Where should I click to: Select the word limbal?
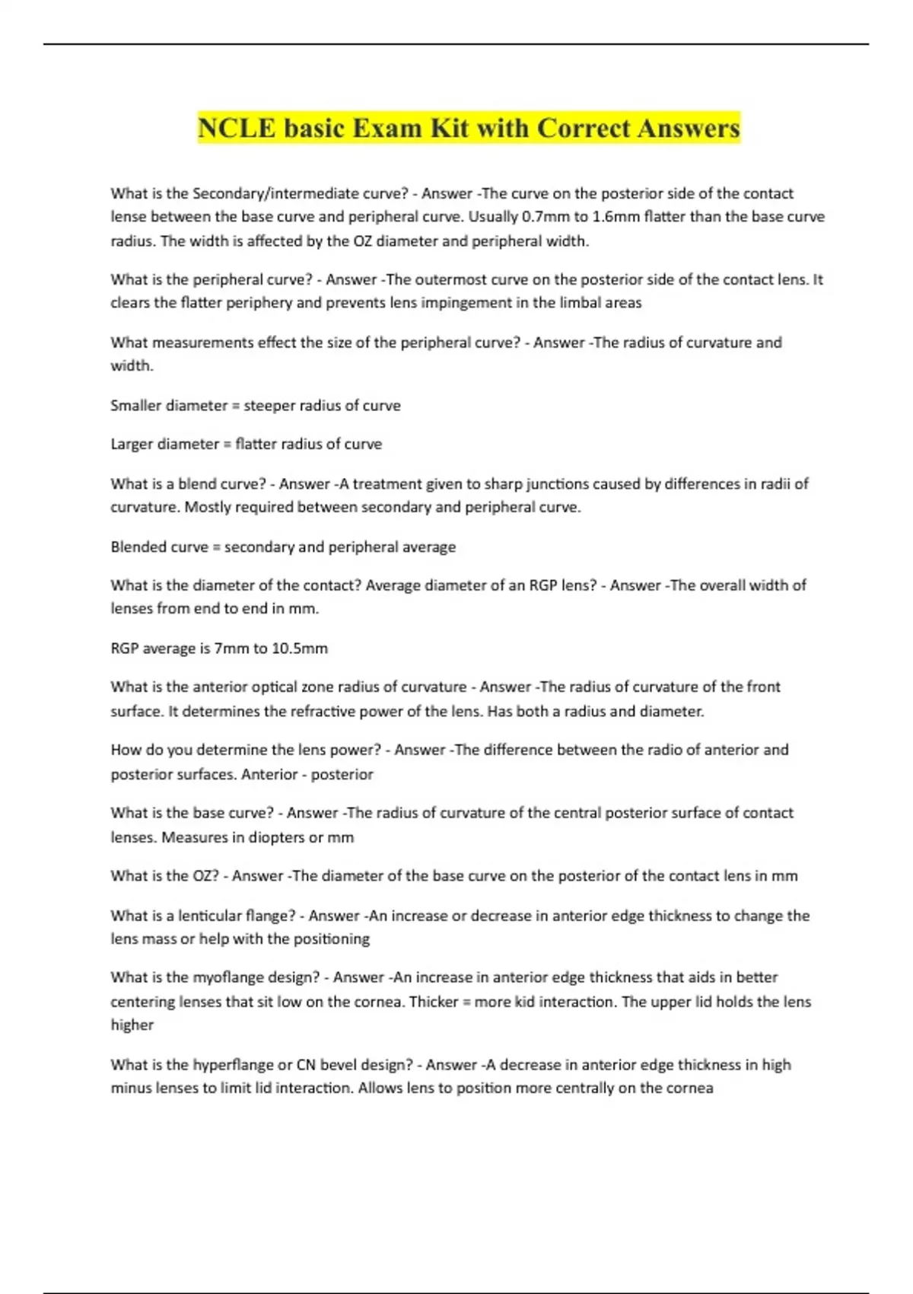click(582, 303)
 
